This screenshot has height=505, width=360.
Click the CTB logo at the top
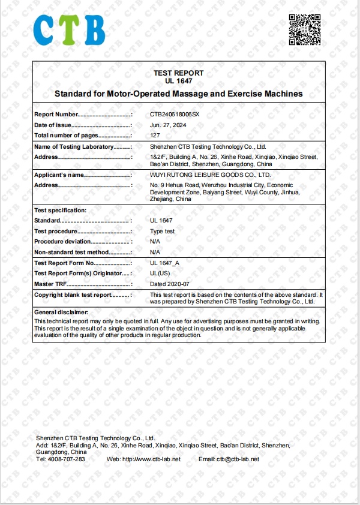pyautogui.click(x=69, y=30)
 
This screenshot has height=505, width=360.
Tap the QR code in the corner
pyautogui.click(x=304, y=29)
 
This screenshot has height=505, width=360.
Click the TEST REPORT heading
pyautogui.click(x=178, y=73)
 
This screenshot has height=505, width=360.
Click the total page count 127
pyautogui.click(x=155, y=136)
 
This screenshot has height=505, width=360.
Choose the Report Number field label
pyautogui.click(x=56, y=114)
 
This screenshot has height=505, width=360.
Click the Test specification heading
pyautogui.click(x=61, y=211)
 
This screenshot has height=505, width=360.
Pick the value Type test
pyautogui.click(x=162, y=232)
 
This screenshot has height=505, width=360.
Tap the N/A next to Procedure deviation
pyautogui.click(x=155, y=242)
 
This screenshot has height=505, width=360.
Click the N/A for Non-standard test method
pyautogui.click(x=155, y=252)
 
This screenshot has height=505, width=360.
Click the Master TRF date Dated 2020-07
pyautogui.click(x=170, y=284)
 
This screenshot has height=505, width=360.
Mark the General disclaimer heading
pyautogui.click(x=61, y=312)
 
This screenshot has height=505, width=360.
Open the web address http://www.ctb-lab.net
pyautogui.click(x=152, y=459)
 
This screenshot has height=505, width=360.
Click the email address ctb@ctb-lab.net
pyautogui.click(x=238, y=459)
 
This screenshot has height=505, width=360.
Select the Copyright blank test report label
pyautogui.click(x=73, y=295)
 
